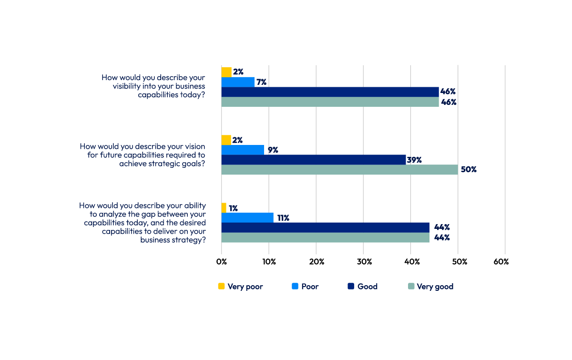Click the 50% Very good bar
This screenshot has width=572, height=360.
[x=339, y=170]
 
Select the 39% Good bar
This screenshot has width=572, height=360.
[x=313, y=160]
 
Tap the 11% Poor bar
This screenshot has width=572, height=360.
[x=247, y=218]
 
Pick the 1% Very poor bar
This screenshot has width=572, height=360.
[x=224, y=208]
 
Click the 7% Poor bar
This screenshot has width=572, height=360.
[x=238, y=82]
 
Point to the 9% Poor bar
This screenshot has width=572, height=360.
[x=243, y=150]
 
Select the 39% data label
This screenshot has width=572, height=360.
[x=414, y=160]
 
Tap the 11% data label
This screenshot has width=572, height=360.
[x=283, y=218]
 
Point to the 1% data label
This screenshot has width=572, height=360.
[x=234, y=208]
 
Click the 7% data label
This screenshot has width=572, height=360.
[x=262, y=82]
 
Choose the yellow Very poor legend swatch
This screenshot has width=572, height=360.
[x=221, y=287]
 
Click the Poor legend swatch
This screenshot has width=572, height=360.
[x=295, y=287]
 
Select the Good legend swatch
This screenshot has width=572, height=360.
[x=351, y=287]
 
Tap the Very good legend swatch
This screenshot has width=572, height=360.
[x=410, y=287]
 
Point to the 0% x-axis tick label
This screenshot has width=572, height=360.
[x=222, y=262]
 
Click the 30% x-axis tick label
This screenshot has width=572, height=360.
[x=364, y=262]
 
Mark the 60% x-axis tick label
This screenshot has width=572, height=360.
[x=501, y=262]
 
